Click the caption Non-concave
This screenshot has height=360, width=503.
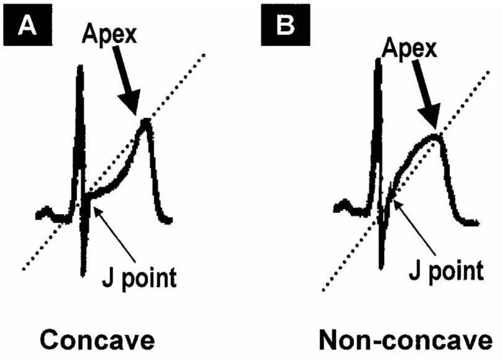click(x=406, y=340)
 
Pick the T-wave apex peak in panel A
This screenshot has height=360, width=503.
click(x=147, y=121)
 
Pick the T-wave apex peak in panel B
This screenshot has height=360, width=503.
click(x=436, y=136)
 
